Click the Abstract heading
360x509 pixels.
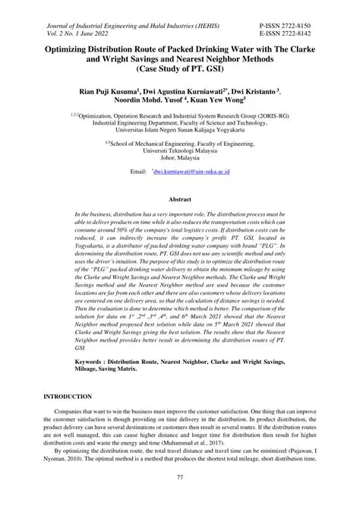coord(179,199)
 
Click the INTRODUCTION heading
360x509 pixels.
coord(68,397)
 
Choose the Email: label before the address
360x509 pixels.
coord(138,173)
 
